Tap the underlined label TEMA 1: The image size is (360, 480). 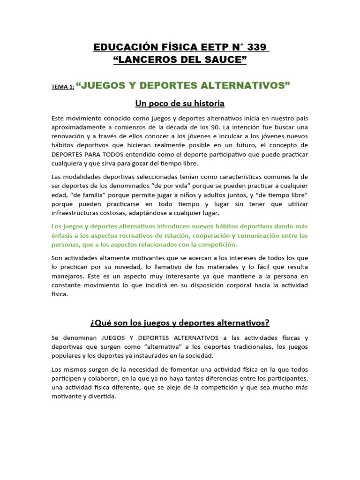63,87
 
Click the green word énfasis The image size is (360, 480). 63,235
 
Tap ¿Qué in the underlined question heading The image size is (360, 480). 99,323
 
